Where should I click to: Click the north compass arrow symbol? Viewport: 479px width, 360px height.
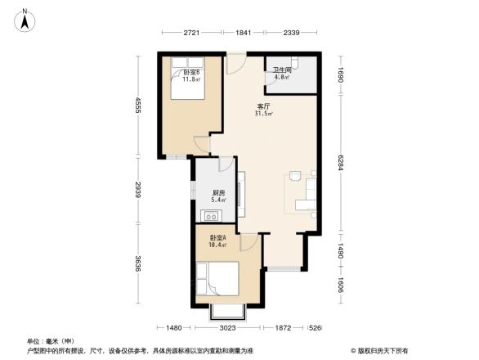coord(25,18)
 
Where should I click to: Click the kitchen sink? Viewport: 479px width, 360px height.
coord(211,217)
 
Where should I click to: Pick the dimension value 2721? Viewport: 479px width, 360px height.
coord(191,33)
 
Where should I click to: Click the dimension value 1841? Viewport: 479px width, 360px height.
coord(244,33)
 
